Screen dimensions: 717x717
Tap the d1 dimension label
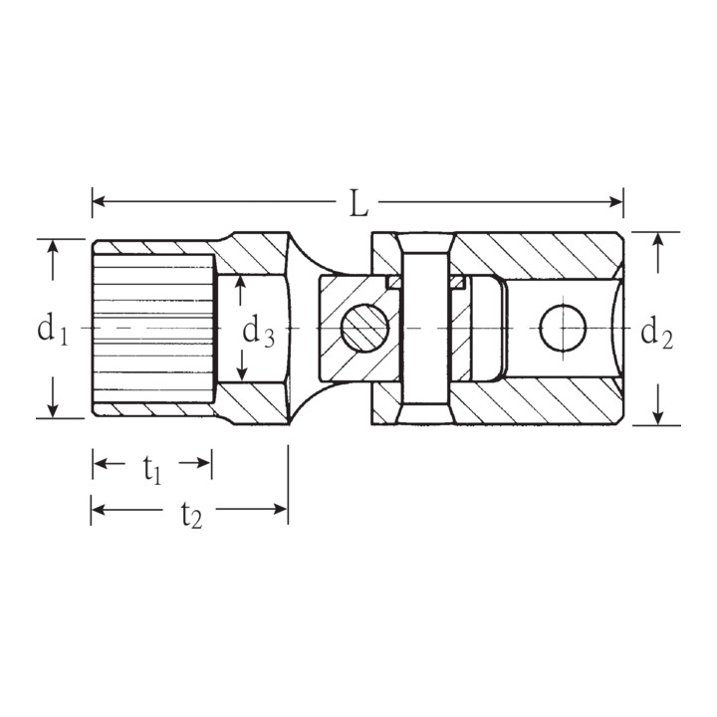(53, 331)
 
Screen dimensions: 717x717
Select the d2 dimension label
(656, 335)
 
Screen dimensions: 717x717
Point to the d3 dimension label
(258, 332)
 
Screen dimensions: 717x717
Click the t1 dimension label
(152, 470)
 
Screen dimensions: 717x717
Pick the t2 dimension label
(191, 516)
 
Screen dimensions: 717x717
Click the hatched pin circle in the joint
(364, 329)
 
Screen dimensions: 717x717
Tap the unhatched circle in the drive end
(563, 328)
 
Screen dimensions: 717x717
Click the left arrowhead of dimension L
(99, 201)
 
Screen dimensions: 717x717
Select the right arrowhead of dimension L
(616, 201)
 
